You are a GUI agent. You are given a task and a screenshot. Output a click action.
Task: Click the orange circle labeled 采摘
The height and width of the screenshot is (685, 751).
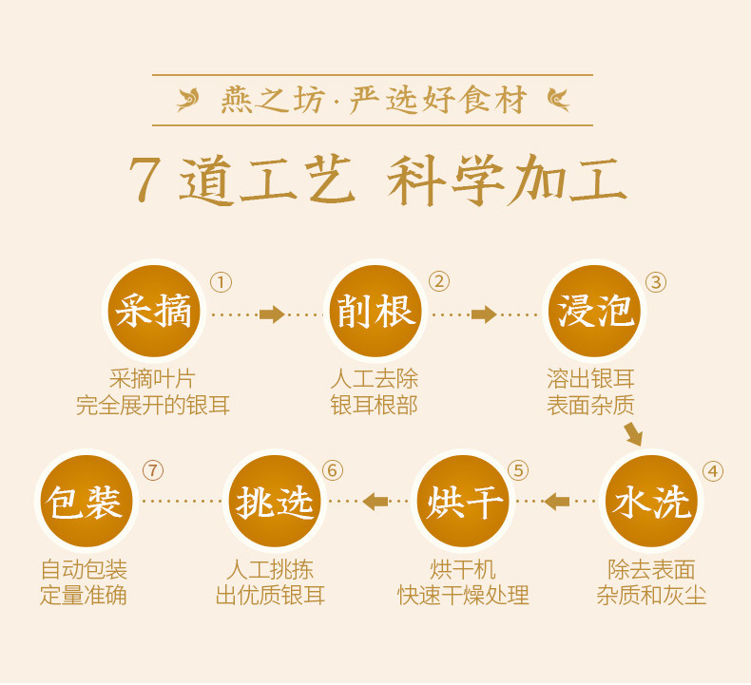tap(153, 311)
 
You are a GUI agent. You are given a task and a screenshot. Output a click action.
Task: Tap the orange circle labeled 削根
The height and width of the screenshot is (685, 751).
tap(375, 311)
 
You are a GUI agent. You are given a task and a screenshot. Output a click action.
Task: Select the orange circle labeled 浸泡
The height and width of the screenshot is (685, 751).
tap(595, 311)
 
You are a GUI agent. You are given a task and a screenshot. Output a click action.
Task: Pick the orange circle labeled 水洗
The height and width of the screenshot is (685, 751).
tap(651, 501)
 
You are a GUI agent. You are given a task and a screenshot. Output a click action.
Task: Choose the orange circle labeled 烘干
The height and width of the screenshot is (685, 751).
tap(463, 501)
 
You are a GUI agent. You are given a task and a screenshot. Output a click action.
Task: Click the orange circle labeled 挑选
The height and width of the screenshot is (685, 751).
tap(275, 501)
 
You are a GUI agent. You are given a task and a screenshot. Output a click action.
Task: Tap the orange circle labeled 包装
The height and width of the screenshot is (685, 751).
tap(87, 501)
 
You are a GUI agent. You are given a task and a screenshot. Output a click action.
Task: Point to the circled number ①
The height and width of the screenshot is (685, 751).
tap(221, 282)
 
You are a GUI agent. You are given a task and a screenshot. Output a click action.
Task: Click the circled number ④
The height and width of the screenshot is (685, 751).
tap(712, 472)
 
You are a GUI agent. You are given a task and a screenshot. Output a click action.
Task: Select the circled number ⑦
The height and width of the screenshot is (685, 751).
tap(152, 471)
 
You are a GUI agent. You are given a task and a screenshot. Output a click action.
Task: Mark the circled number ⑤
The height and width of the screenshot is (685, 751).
tap(517, 471)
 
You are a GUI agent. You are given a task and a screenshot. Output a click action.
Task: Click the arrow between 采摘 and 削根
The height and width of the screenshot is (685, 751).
tap(271, 314)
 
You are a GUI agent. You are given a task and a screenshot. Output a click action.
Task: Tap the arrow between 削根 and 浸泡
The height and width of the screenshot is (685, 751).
tap(484, 314)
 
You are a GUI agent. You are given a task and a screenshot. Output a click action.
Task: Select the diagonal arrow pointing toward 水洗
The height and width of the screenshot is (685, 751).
tap(633, 434)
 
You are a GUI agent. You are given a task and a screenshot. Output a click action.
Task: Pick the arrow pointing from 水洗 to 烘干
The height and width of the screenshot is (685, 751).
tap(557, 501)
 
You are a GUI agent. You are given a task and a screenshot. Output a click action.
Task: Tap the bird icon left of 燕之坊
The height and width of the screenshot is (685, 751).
tap(189, 99)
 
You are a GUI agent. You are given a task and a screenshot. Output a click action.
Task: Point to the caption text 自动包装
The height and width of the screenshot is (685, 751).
tap(84, 570)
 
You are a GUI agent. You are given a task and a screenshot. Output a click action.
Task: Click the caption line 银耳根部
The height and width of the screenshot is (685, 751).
tap(374, 405)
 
